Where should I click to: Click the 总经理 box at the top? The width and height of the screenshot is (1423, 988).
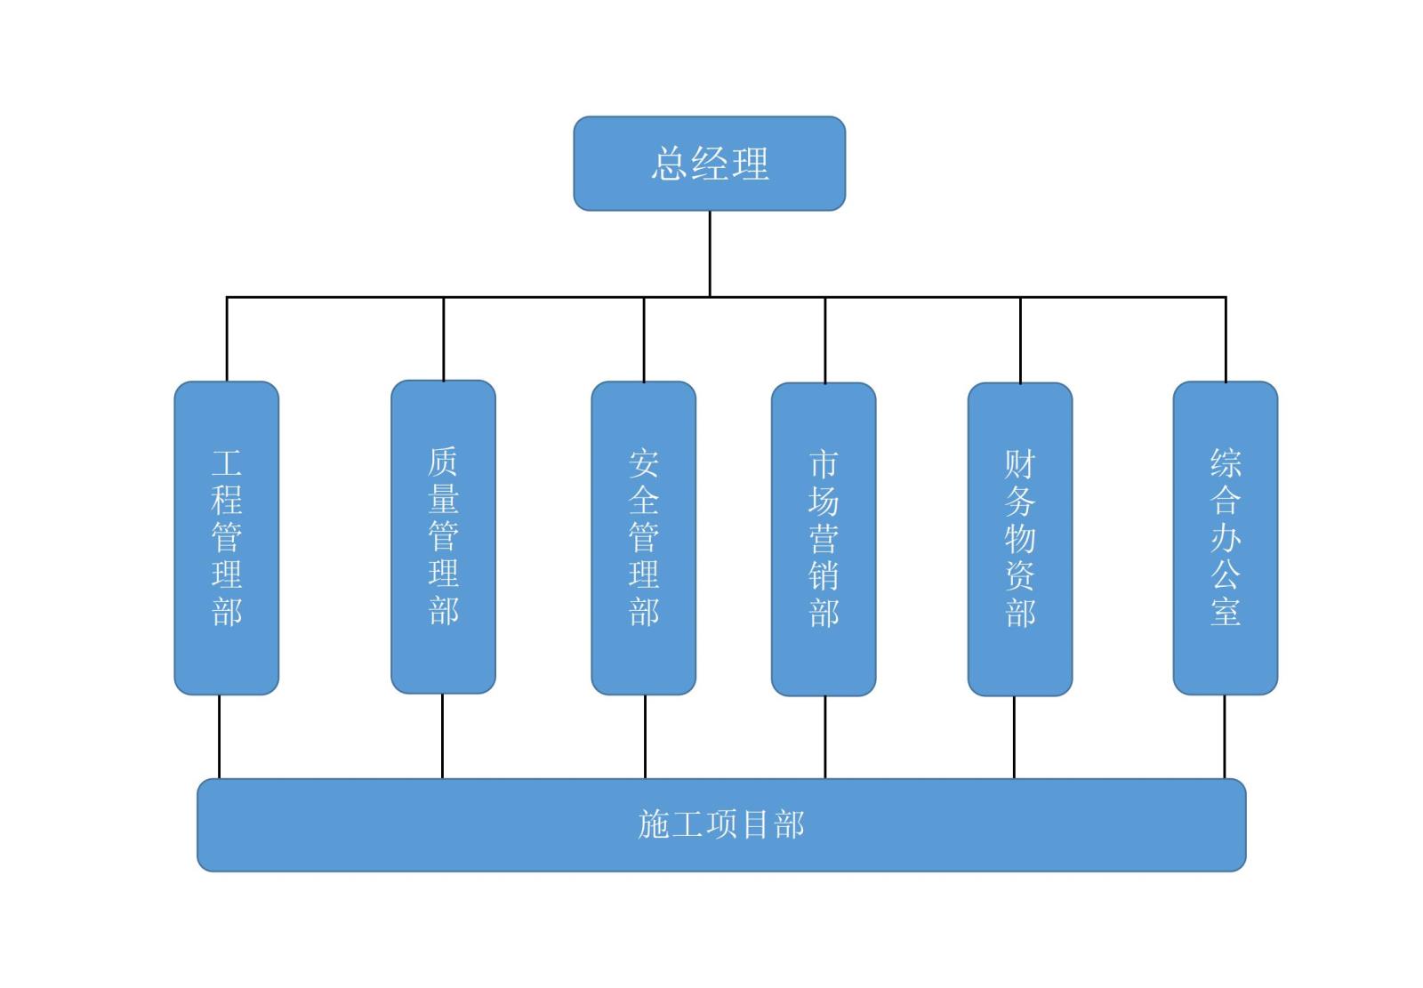(x=709, y=164)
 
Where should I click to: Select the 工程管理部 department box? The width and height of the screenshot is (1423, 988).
(x=226, y=537)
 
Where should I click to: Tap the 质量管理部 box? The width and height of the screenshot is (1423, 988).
(x=443, y=536)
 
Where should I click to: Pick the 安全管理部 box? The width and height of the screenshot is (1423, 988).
(x=643, y=537)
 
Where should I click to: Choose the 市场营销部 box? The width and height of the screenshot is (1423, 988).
(x=823, y=538)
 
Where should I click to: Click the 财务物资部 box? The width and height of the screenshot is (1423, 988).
(x=1019, y=538)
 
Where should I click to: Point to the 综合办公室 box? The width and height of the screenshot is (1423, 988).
(x=1225, y=537)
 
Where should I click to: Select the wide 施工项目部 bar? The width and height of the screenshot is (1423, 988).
(x=720, y=824)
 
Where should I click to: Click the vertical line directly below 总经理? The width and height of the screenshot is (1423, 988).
(x=710, y=253)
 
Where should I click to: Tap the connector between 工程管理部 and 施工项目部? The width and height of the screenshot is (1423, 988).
(x=219, y=736)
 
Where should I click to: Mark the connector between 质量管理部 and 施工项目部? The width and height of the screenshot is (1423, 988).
(x=442, y=735)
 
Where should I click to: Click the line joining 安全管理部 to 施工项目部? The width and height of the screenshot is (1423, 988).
(x=645, y=736)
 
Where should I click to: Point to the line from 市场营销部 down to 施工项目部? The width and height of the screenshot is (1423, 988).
(x=824, y=736)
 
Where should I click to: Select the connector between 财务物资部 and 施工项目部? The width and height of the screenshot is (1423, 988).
(x=1014, y=736)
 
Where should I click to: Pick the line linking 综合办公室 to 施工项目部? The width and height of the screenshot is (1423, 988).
(x=1224, y=736)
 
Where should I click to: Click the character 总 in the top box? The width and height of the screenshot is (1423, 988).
(x=669, y=165)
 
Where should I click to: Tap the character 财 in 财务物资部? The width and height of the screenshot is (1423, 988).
(x=1019, y=463)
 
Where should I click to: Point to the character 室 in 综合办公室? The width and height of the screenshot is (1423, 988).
(x=1225, y=612)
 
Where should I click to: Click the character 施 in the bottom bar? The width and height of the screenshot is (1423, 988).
(x=654, y=824)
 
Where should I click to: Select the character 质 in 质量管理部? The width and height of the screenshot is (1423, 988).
(x=443, y=462)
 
